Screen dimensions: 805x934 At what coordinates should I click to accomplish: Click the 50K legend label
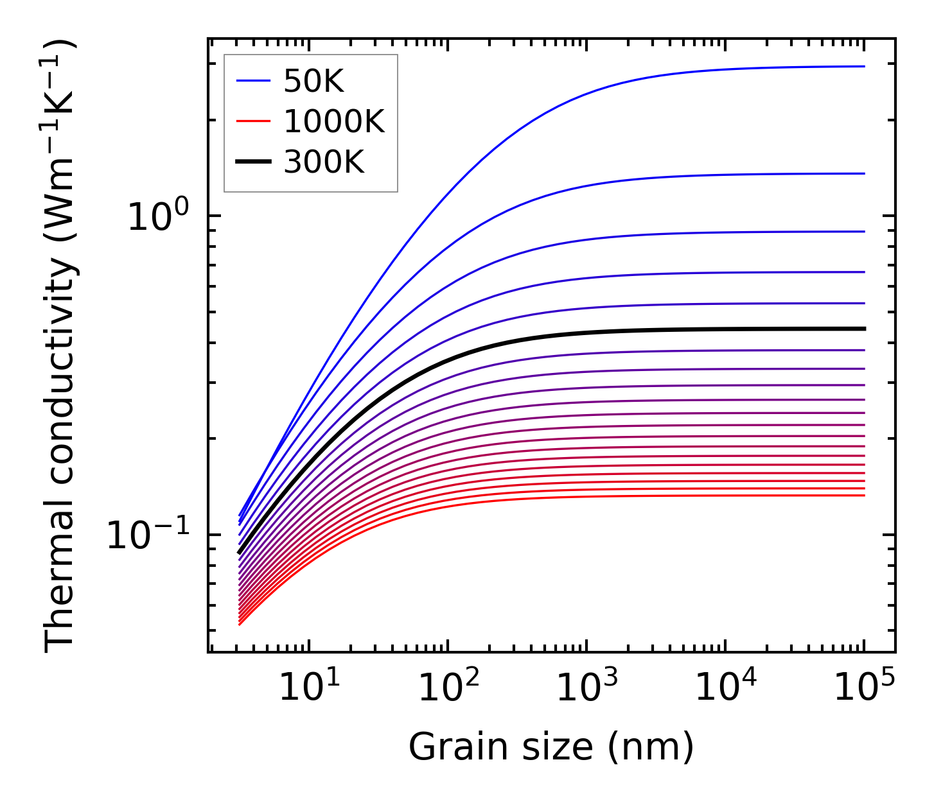tap(313, 81)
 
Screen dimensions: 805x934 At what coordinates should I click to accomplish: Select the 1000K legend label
tap(334, 121)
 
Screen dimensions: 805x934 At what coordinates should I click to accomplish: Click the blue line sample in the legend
tap(253, 81)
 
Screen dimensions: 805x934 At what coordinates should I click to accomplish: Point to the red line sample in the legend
tap(253, 121)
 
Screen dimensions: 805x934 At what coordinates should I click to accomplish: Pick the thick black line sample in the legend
tap(253, 162)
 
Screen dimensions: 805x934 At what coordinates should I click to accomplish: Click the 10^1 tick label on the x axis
tap(308, 689)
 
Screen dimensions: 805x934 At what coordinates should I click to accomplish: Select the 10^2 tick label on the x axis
tap(447, 689)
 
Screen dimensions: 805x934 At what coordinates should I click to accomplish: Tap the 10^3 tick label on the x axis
tap(586, 689)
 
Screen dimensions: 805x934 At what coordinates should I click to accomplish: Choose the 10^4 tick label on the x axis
tap(725, 689)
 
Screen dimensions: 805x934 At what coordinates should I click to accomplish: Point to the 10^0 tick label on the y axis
tap(158, 217)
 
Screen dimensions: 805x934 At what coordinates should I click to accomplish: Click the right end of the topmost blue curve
tap(864, 66)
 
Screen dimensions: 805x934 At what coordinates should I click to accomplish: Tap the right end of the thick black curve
tap(865, 329)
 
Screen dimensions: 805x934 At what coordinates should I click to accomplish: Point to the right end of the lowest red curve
tap(864, 495)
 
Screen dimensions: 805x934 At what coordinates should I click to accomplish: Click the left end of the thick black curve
tap(239, 553)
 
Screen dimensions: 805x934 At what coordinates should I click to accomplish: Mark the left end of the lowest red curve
tap(239, 624)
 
